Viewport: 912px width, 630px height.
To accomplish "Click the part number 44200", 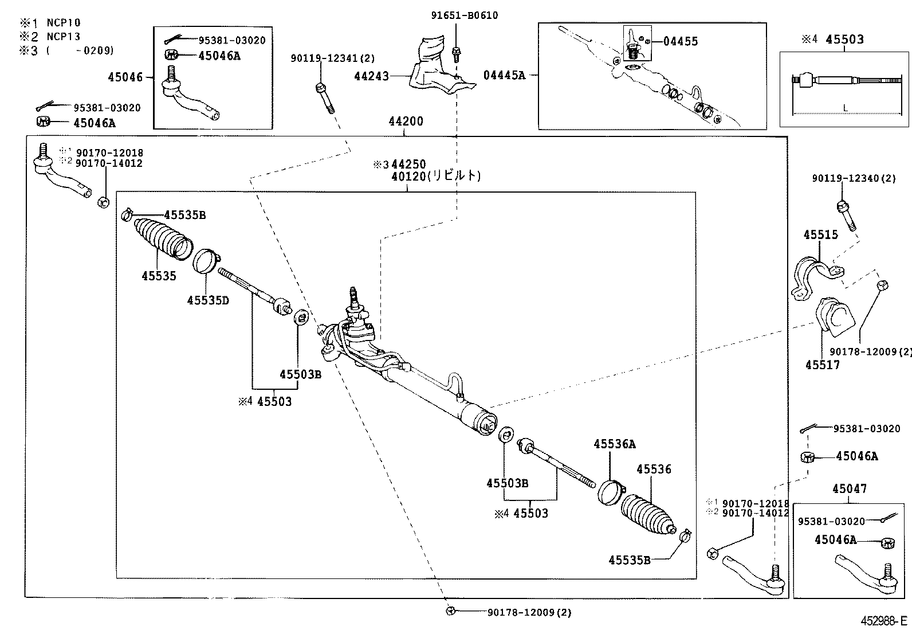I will pos(406,122).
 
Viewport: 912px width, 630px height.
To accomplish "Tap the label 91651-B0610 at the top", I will pos(464,15).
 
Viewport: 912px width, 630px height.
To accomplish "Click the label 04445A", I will pos(504,75).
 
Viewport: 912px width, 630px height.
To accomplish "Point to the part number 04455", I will pos(681,41).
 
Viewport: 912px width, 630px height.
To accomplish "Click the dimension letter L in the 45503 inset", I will pos(846,107).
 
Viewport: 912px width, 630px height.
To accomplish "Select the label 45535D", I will pos(208,300).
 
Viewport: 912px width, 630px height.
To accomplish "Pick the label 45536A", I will pos(614,444).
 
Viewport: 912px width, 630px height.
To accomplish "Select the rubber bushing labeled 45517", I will pos(834,318).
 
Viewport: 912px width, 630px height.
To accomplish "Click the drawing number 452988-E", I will pos(883,621).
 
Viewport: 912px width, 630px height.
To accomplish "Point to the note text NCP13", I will pos(63,36).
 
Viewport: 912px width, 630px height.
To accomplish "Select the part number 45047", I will pos(849,489).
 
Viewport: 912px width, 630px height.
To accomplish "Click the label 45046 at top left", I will pos(125,76).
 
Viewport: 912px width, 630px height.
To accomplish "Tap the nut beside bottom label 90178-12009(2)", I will pos(450,611).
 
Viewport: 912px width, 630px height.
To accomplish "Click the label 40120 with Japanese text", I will pos(435,176).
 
